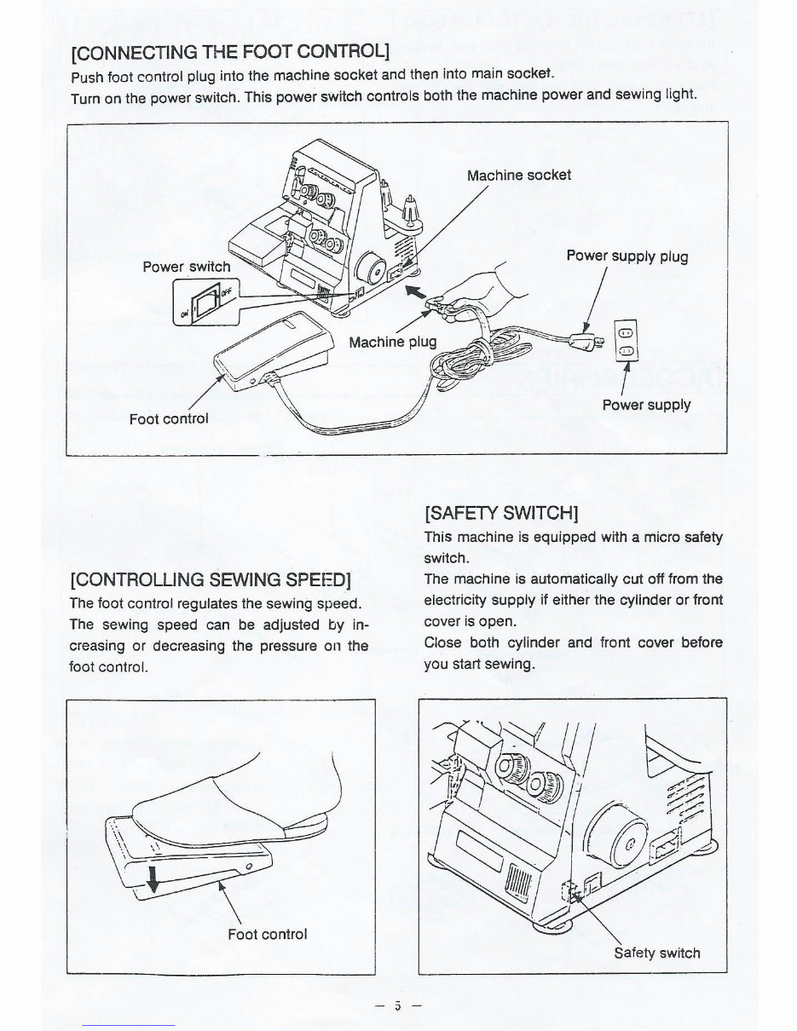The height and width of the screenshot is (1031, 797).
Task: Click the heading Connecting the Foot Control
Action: tap(229, 52)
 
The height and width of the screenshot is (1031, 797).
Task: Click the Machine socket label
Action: tap(519, 175)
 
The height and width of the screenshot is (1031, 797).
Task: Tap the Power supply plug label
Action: tap(627, 256)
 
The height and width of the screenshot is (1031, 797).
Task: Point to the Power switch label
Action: tap(186, 267)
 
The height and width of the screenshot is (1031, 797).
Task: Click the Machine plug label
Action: tap(393, 342)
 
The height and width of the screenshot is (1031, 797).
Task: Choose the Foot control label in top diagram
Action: tap(169, 418)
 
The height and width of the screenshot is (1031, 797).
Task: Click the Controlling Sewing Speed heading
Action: tap(211, 580)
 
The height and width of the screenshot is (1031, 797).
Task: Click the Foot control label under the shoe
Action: tap(267, 934)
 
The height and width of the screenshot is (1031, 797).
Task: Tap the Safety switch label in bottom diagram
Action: tap(656, 952)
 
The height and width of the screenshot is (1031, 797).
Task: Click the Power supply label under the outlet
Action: tap(646, 405)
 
